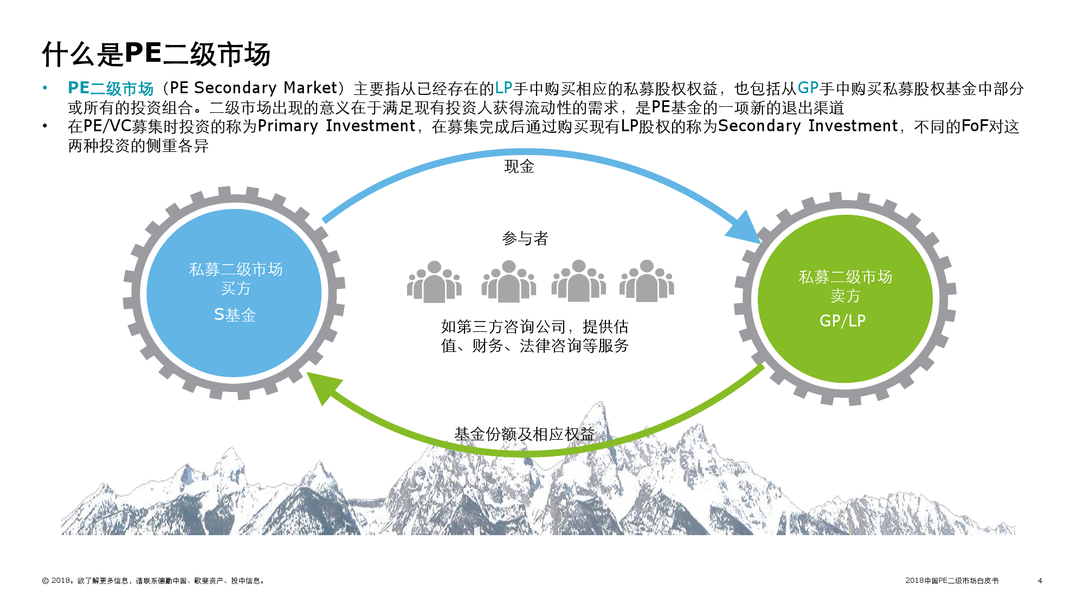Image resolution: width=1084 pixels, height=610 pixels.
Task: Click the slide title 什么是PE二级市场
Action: (x=156, y=54)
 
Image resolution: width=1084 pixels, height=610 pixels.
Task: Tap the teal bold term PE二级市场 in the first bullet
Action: (x=111, y=88)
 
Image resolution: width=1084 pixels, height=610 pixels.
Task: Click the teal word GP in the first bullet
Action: (x=808, y=88)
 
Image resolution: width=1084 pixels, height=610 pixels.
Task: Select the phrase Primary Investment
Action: (x=336, y=126)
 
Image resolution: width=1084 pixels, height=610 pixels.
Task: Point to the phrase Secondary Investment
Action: (x=808, y=126)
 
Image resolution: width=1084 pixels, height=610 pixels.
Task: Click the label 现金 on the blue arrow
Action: (x=519, y=166)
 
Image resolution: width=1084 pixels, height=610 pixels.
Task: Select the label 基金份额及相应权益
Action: (x=524, y=434)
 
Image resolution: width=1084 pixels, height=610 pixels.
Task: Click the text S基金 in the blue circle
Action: (x=235, y=314)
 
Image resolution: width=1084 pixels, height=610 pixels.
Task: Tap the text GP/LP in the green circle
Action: (x=842, y=320)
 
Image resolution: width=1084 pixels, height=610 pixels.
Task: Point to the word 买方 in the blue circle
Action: (x=236, y=288)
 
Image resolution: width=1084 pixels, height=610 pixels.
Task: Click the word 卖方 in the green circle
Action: (x=845, y=296)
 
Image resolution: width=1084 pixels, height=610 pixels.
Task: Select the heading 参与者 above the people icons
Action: (x=525, y=238)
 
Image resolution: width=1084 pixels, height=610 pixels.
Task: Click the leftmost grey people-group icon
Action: (x=434, y=281)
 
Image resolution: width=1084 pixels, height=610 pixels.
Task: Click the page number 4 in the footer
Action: (x=1040, y=581)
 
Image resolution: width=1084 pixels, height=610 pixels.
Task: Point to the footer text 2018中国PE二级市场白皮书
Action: (x=951, y=581)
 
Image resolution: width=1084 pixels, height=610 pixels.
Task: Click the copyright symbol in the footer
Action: (x=46, y=581)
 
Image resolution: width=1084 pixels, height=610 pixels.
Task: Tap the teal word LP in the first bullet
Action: (x=504, y=88)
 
